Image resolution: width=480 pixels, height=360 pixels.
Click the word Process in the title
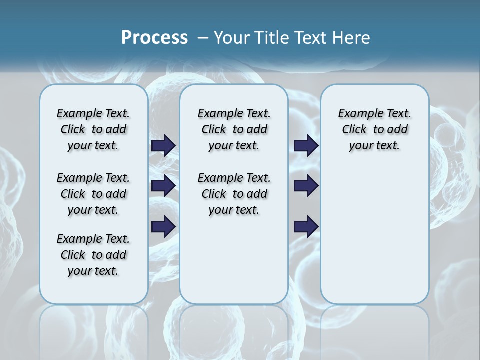(154, 37)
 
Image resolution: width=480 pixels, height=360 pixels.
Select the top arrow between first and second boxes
(163, 145)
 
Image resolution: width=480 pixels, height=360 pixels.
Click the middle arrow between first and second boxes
(163, 186)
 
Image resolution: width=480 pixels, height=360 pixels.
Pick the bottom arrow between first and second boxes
(163, 227)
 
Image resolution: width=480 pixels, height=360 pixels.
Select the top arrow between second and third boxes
(306, 145)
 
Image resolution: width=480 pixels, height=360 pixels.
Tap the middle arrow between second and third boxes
(306, 186)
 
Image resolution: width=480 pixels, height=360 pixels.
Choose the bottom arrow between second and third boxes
(306, 227)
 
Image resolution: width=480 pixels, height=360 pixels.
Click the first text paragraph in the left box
(93, 129)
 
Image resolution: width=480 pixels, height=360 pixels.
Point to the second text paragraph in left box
(93, 194)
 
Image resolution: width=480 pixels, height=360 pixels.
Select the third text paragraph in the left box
(93, 255)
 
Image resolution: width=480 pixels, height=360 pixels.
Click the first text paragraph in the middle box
(234, 129)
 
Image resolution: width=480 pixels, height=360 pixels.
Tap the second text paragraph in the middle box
(234, 194)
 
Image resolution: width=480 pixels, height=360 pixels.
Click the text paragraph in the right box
(374, 129)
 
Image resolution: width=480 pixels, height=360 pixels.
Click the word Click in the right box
(354, 130)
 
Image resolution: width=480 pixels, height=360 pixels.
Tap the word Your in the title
(231, 37)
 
